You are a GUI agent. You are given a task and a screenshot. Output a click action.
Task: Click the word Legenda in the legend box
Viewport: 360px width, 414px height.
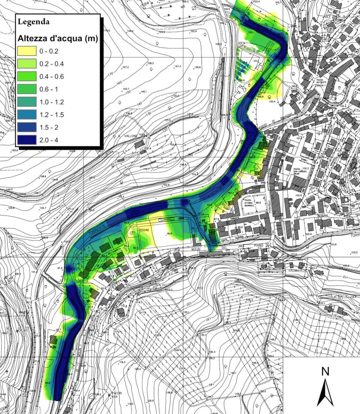click(x=33, y=22)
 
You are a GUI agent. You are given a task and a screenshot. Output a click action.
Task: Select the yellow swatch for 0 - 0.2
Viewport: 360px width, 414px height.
click(x=27, y=51)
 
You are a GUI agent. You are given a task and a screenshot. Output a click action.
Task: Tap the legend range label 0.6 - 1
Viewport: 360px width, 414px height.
click(x=49, y=89)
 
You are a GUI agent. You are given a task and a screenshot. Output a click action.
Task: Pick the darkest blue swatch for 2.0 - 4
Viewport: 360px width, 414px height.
click(x=27, y=140)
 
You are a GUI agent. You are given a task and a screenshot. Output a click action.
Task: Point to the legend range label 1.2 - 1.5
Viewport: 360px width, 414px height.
click(x=51, y=115)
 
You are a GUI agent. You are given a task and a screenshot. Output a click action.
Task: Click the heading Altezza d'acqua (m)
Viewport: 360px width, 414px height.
click(x=58, y=39)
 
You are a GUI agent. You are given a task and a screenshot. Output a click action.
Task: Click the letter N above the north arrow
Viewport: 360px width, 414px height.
click(x=325, y=372)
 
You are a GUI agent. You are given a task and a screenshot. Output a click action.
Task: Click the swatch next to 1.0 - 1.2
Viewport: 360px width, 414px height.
click(x=27, y=102)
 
